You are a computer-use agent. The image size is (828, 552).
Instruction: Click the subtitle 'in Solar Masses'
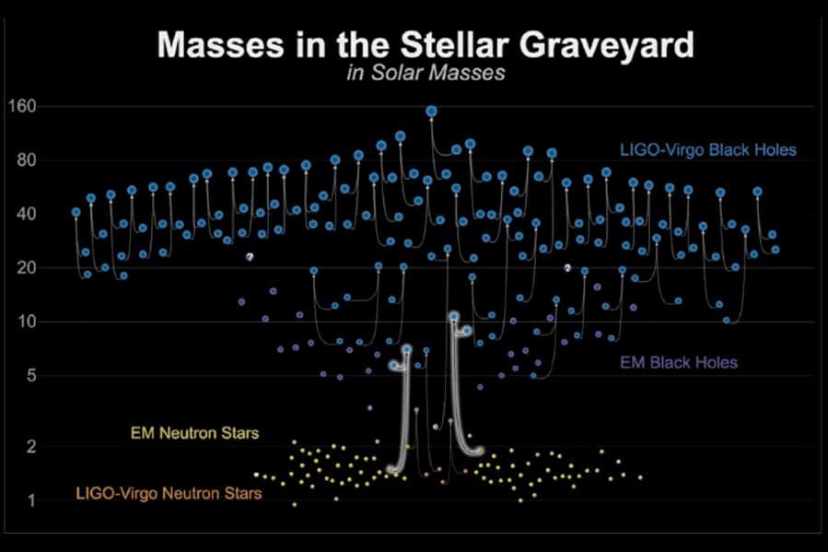[426, 74]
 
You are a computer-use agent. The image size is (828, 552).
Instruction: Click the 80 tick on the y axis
[25, 160]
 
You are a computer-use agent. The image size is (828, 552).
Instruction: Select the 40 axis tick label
[25, 214]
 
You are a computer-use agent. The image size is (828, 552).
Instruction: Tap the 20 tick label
[25, 268]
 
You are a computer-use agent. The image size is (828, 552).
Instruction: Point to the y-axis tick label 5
[29, 375]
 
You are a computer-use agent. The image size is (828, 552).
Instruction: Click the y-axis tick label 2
[29, 446]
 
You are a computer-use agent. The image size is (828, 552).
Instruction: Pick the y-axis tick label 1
[29, 500]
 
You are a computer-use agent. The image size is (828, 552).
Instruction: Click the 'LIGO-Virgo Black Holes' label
[708, 148]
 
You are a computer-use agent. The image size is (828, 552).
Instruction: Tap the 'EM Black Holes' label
[679, 362]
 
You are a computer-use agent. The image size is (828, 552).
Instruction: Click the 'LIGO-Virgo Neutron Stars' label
[169, 494]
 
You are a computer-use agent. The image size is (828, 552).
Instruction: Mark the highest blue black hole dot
[431, 112]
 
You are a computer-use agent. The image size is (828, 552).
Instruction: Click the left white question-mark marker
[250, 257]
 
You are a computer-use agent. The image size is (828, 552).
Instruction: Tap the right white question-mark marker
[568, 268]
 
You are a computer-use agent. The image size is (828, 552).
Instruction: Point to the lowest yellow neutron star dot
[295, 504]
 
